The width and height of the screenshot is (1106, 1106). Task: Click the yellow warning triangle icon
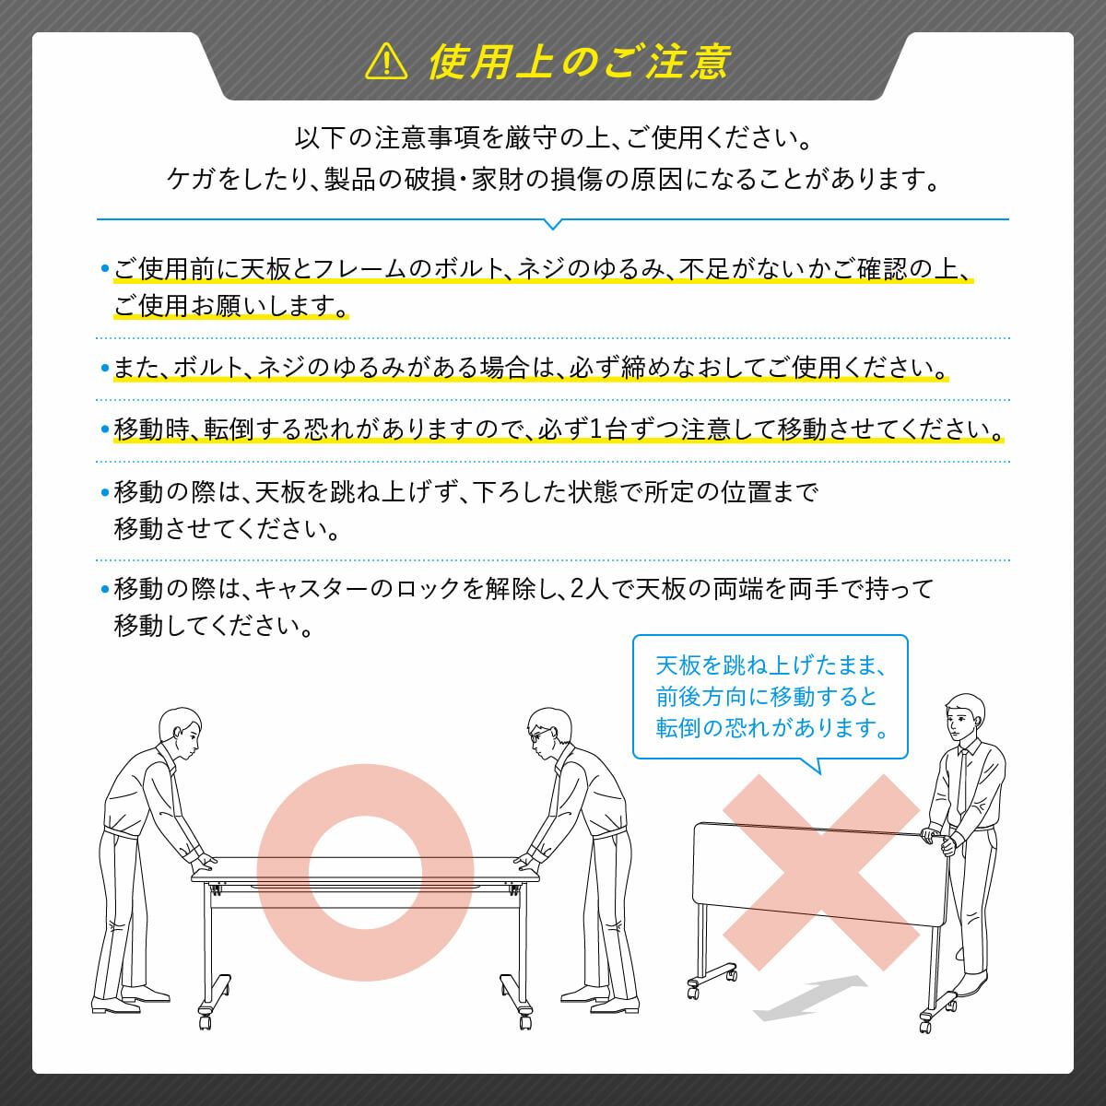pyautogui.click(x=386, y=62)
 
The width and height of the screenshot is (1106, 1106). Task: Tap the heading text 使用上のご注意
pyautogui.click(x=579, y=62)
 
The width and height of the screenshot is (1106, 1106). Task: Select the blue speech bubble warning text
pyautogui.click(x=771, y=697)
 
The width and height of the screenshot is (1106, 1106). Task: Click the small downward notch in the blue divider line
pyautogui.click(x=553, y=224)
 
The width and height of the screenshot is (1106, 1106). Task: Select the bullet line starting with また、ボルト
pyautogui.click(x=530, y=368)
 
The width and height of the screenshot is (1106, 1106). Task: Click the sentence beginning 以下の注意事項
pyautogui.click(x=553, y=138)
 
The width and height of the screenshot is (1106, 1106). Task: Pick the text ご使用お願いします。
pyautogui.click(x=230, y=305)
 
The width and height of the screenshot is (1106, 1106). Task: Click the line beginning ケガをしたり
pyautogui.click(x=553, y=180)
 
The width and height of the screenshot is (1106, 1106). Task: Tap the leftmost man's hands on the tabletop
pyautogui.click(x=203, y=860)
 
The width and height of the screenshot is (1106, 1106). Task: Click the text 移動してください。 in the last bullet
pyautogui.click(x=213, y=626)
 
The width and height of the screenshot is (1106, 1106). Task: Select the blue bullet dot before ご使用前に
pyautogui.click(x=104, y=268)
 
